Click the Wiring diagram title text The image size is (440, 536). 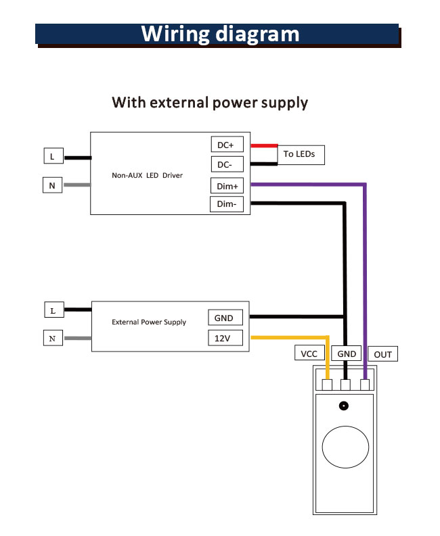click(220, 34)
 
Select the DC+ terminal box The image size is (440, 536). click(225, 145)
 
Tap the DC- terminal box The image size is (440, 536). click(225, 164)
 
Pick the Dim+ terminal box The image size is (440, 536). click(227, 185)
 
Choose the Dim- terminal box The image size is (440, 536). click(227, 205)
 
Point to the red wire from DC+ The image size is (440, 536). click(264, 145)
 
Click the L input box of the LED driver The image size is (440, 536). click(53, 157)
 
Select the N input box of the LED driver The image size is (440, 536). click(53, 185)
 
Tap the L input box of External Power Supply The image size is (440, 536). click(53, 310)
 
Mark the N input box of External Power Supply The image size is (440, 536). click(53, 338)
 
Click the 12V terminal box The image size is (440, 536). click(224, 338)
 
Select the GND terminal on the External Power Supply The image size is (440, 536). click(224, 318)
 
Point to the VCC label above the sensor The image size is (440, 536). click(309, 354)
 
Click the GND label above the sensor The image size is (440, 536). click(347, 354)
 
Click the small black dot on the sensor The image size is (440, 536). click(344, 406)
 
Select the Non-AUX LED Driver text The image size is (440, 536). click(148, 175)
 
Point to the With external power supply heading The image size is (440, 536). click(210, 103)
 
